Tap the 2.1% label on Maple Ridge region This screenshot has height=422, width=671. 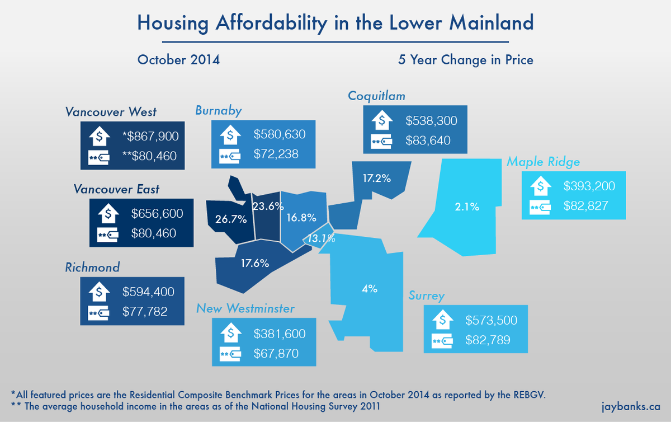467,207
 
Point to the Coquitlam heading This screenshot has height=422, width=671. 376,96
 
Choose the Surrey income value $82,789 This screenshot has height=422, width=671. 488,340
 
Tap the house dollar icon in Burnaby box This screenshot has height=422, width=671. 230,135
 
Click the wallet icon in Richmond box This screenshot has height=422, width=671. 99,312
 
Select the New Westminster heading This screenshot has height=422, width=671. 245,308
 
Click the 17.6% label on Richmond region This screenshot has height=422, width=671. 255,262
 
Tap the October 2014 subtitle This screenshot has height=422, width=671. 178,59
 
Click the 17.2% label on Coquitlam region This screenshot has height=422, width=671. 376,179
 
